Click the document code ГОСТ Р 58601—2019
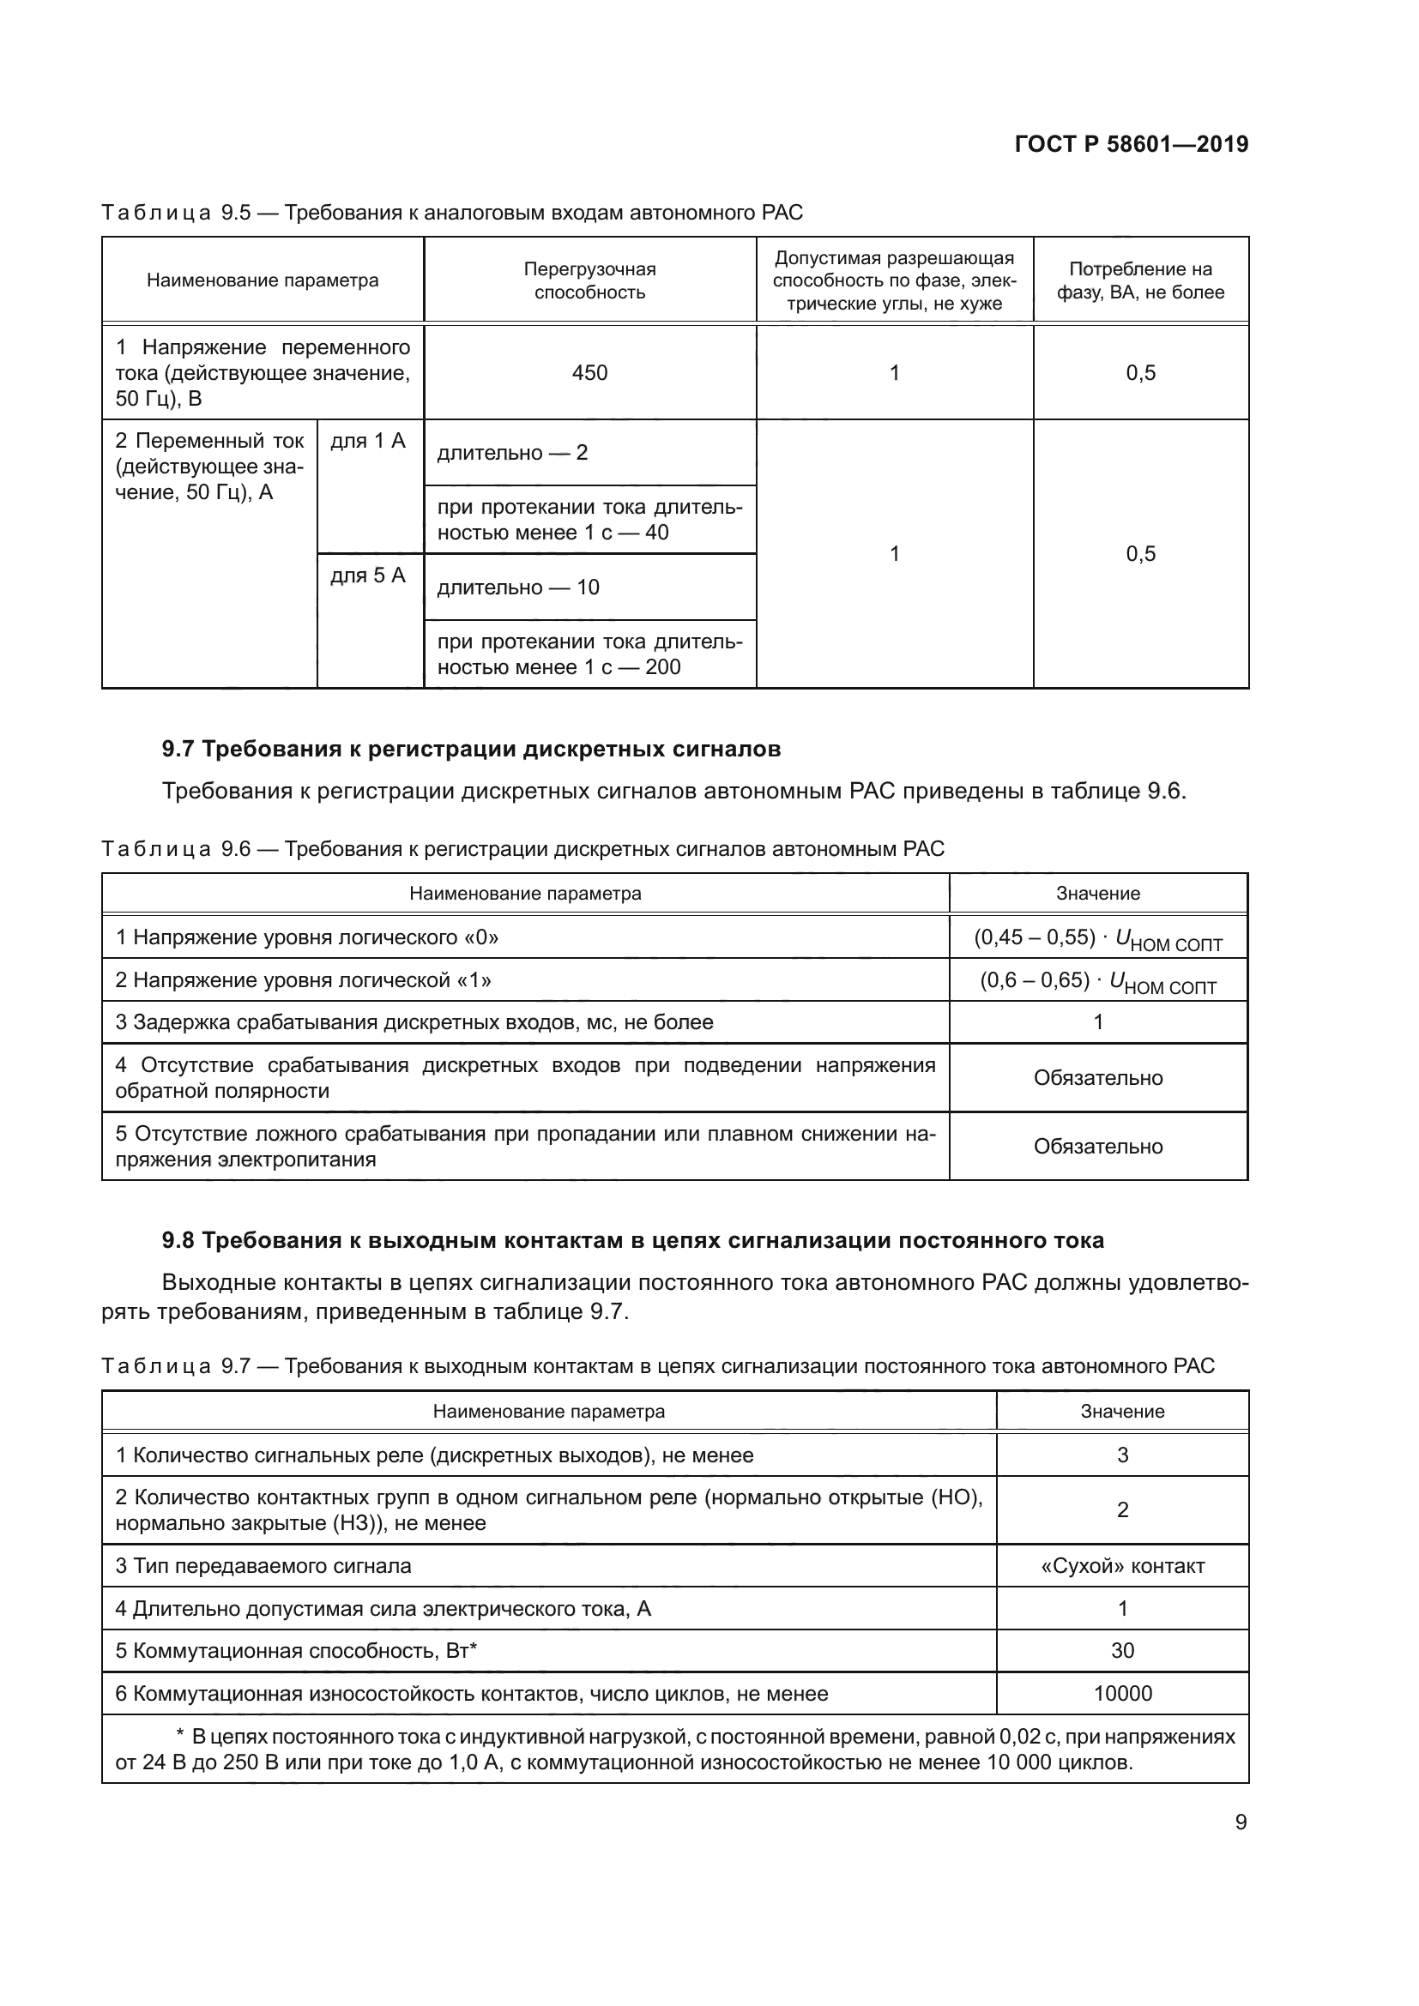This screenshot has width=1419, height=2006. click(1131, 144)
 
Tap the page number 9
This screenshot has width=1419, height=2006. click(1240, 1822)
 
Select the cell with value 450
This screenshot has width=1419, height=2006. click(589, 373)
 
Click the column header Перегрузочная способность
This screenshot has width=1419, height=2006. click(589, 280)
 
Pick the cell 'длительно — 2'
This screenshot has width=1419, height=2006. click(512, 453)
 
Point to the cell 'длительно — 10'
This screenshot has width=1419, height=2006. click(518, 587)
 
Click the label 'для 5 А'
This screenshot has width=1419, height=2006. click(368, 575)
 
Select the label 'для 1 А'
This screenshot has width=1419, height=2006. click(368, 441)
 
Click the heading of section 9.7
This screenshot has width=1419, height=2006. click(471, 749)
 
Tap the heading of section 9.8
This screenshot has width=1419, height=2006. click(632, 1240)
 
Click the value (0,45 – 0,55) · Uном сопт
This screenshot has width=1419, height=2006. click(1097, 938)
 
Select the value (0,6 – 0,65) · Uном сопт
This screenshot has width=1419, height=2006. click(1097, 981)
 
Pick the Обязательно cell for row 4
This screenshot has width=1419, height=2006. click(1097, 1078)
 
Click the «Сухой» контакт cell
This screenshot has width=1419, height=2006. click(1122, 1566)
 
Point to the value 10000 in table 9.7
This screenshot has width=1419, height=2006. click(1122, 1693)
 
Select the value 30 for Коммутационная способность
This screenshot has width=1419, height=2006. click(1122, 1650)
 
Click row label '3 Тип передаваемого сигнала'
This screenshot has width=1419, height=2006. click(263, 1566)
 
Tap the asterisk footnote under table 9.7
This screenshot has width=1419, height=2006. click(674, 1748)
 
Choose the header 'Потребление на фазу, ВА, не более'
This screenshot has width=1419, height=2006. click(1139, 280)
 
